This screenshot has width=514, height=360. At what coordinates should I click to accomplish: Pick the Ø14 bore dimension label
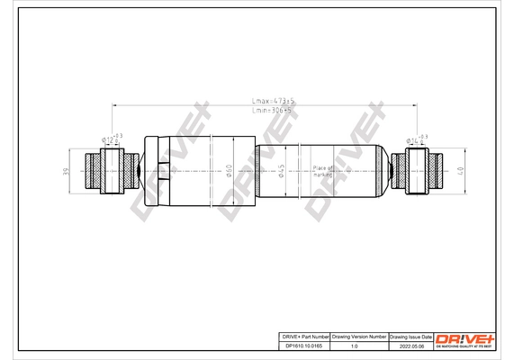[x=417, y=139]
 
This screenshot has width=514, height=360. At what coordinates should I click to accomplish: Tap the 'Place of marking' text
[x=323, y=171]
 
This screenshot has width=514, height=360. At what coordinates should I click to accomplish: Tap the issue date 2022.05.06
[x=410, y=344]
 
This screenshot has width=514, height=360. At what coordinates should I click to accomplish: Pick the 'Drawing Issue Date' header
[x=410, y=335]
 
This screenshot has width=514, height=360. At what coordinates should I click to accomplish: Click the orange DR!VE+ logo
[x=464, y=337]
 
